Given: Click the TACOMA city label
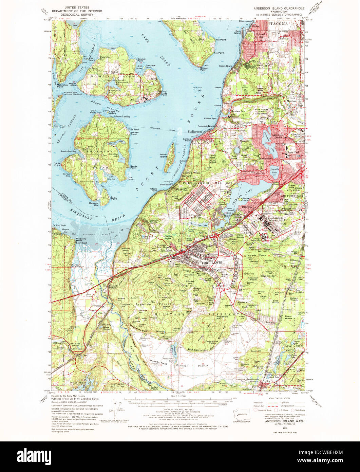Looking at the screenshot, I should pyautogui.click(x=279, y=24).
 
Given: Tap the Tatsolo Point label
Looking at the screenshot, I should pyautogui.click(x=152, y=189).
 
